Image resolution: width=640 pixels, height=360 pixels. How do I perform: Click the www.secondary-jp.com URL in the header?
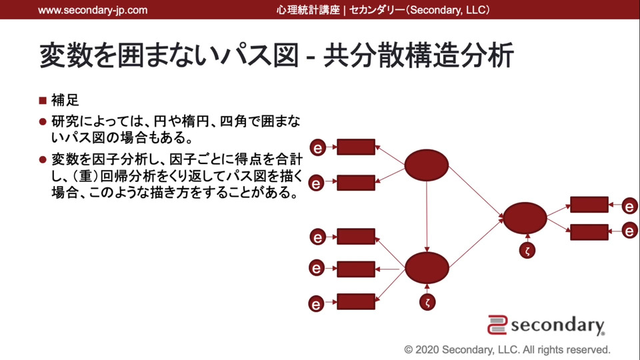click(x=93, y=10)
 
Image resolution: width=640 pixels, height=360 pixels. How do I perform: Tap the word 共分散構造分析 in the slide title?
click(x=418, y=56)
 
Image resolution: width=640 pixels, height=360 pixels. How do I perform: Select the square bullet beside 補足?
click(x=43, y=101)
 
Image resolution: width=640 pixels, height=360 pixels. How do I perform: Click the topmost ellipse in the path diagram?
click(x=427, y=166)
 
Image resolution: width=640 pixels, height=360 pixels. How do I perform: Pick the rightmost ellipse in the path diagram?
click(x=525, y=218)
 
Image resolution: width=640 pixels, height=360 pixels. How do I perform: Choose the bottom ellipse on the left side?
click(x=427, y=269)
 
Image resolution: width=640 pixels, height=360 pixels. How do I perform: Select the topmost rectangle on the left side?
click(x=356, y=147)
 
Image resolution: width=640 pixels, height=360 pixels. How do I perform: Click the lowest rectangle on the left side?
click(x=356, y=301)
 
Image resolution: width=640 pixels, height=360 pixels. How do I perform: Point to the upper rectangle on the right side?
click(x=589, y=205)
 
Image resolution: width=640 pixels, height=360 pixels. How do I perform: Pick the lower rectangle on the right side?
click(x=589, y=232)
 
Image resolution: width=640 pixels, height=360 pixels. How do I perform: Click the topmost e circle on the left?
click(x=318, y=147)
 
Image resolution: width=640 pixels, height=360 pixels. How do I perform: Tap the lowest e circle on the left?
click(x=317, y=304)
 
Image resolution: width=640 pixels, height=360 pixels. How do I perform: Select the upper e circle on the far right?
click(x=629, y=207)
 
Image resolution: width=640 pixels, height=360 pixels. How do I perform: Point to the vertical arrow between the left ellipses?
click(x=427, y=217)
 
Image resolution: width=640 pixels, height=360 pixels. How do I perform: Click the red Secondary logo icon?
click(x=497, y=325)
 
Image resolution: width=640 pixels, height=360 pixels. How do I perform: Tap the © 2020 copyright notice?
click(x=507, y=349)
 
